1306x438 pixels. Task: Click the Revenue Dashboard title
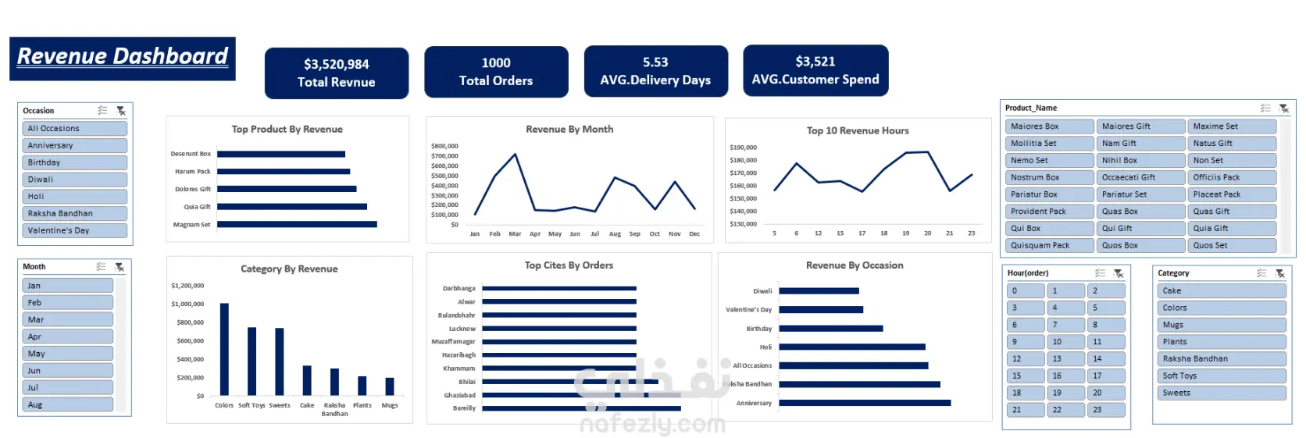tap(123, 57)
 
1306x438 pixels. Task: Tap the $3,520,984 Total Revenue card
tap(336, 73)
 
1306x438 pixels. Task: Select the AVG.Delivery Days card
tap(655, 71)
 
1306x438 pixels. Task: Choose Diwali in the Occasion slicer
tap(75, 180)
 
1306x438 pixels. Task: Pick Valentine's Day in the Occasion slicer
tap(75, 230)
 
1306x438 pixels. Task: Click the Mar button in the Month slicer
tap(67, 319)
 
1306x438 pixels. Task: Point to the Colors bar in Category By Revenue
tap(224, 349)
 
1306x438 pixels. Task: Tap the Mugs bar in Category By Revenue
tap(390, 386)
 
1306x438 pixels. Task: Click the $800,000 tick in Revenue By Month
tap(444, 146)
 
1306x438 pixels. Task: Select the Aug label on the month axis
tap(615, 233)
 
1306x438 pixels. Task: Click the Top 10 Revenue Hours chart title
tap(858, 130)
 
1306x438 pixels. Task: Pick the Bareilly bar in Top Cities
tap(581, 408)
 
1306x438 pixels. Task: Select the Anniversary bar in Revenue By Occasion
tap(865, 403)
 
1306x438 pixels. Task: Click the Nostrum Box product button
tap(1049, 177)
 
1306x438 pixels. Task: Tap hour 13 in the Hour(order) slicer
tap(1065, 359)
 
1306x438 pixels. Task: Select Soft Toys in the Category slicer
tap(1219, 376)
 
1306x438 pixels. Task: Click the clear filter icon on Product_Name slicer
tap(1283, 109)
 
